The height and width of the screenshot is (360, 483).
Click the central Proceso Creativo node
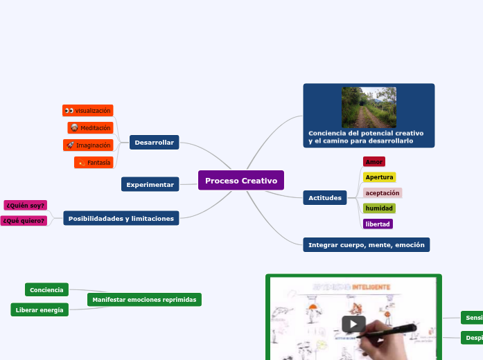[x=240, y=181]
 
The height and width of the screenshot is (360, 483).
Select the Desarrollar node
[x=154, y=142]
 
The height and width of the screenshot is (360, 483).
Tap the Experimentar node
[x=150, y=184]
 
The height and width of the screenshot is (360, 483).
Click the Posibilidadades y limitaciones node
[x=121, y=218]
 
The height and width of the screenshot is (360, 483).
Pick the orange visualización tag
[x=87, y=111]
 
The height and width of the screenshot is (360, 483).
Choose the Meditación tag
[x=90, y=128]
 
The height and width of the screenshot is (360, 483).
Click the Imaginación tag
[x=88, y=145]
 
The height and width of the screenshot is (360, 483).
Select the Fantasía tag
[x=94, y=162]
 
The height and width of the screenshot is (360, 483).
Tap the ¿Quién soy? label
[x=25, y=205]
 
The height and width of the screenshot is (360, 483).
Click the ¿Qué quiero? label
[x=24, y=221]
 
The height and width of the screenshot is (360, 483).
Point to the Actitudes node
[x=325, y=198]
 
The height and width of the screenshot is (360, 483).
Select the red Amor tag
[x=374, y=161]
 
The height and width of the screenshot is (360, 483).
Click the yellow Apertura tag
[x=379, y=177]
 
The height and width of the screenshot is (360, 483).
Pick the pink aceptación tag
[x=382, y=193]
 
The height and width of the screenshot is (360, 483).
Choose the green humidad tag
[x=379, y=208]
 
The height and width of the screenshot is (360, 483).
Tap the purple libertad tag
[x=378, y=224]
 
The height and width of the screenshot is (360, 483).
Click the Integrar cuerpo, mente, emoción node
[x=366, y=244]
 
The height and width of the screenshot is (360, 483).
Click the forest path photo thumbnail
[x=369, y=107]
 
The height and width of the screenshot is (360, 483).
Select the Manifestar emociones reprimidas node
[x=144, y=300]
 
